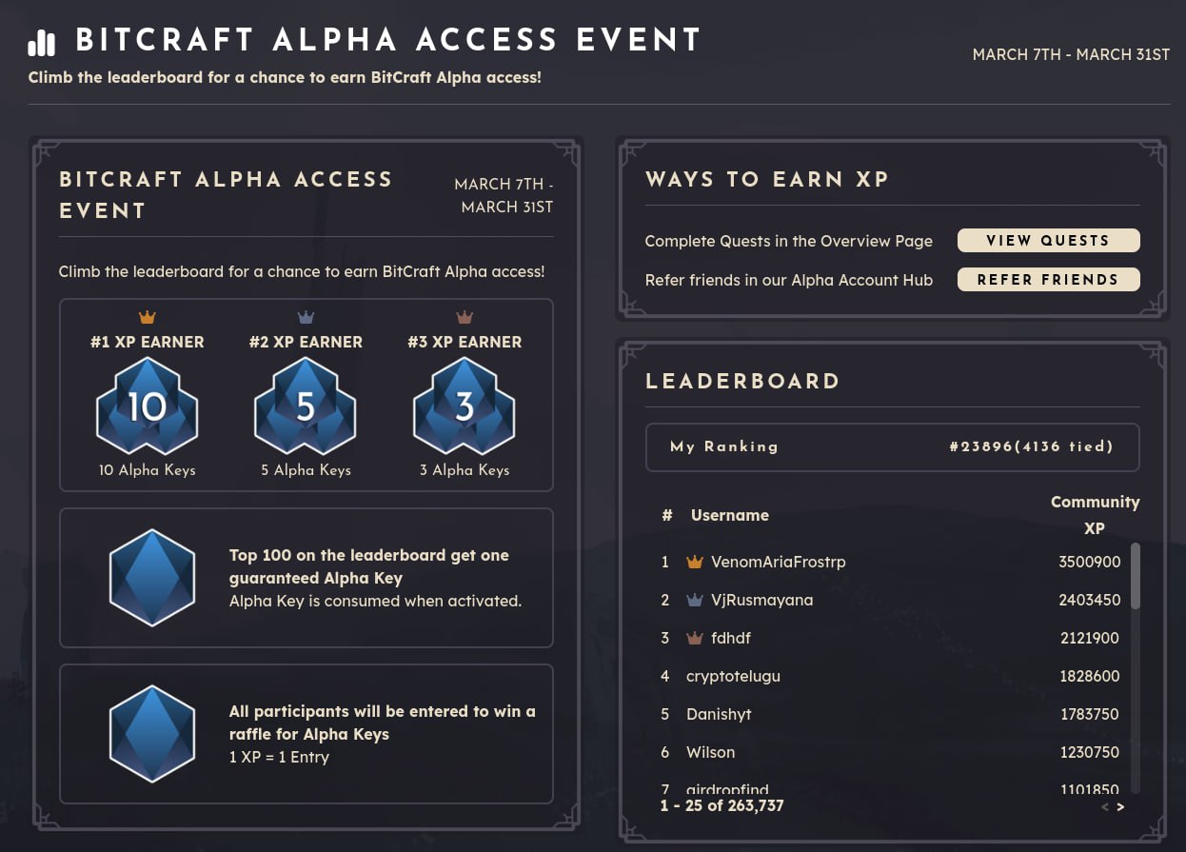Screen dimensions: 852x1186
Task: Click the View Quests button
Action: pyautogui.click(x=1048, y=241)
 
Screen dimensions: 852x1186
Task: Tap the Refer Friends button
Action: pyautogui.click(x=1048, y=280)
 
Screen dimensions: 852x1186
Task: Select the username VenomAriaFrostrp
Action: pyautogui.click(x=778, y=562)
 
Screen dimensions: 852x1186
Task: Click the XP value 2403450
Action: pyautogui.click(x=1089, y=600)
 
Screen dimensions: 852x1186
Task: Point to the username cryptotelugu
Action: pyautogui.click(x=733, y=676)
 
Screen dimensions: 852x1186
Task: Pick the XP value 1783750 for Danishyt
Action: pyautogui.click(x=1089, y=714)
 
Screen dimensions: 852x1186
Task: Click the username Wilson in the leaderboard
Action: pyautogui.click(x=710, y=752)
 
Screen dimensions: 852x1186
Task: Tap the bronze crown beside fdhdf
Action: pyautogui.click(x=694, y=638)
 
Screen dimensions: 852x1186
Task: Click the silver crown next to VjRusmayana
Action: pyautogui.click(x=694, y=600)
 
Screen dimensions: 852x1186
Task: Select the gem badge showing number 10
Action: pyautogui.click(x=147, y=407)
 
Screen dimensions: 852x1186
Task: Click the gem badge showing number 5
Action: pyautogui.click(x=306, y=407)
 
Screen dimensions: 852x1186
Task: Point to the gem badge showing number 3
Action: pyautogui.click(x=465, y=407)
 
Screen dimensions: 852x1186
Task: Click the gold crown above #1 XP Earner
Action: pyautogui.click(x=147, y=317)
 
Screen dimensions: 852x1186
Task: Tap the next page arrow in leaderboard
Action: pyautogui.click(x=1120, y=806)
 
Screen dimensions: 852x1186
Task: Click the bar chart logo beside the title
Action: pyautogui.click(x=42, y=43)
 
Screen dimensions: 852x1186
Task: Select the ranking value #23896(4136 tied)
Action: pyautogui.click(x=1031, y=446)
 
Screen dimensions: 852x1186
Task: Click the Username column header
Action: pyautogui.click(x=729, y=515)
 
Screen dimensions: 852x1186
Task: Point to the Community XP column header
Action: pyautogui.click(x=1095, y=514)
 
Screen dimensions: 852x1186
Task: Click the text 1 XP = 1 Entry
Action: pyautogui.click(x=279, y=757)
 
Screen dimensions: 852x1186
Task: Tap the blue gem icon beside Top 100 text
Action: pyautogui.click(x=152, y=579)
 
